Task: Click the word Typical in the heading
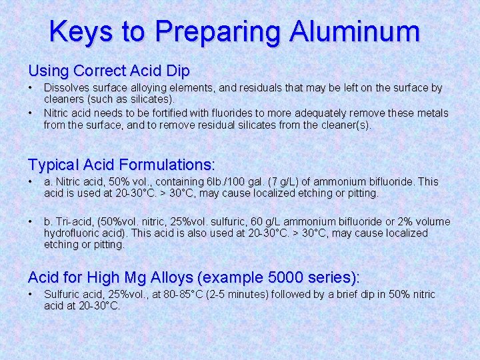pos(54,164)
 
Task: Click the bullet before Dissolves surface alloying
pos(31,88)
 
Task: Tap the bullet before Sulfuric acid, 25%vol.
pos(31,294)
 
